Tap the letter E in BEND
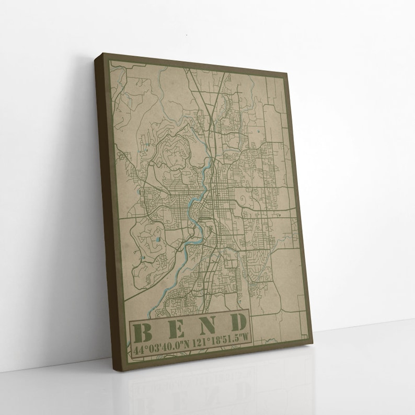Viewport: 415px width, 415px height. (x=174, y=328)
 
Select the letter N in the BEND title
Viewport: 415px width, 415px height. (x=205, y=325)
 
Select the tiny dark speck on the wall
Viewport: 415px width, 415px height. (x=187, y=34)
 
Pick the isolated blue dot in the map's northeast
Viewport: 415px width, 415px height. (x=258, y=128)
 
